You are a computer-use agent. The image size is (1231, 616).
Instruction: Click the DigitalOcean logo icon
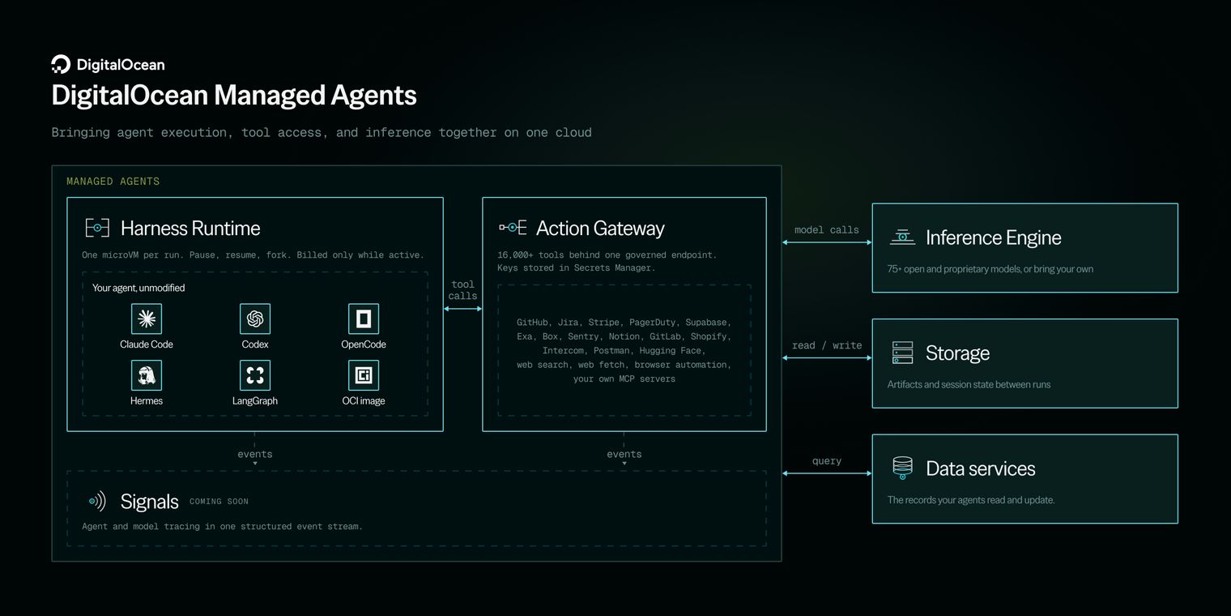[x=61, y=64]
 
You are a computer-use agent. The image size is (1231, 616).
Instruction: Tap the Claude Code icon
[x=146, y=319]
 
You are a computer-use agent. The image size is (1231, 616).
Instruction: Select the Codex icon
[x=255, y=319]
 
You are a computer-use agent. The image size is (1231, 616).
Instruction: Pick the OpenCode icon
[x=364, y=319]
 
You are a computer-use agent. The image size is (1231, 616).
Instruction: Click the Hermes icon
[x=146, y=375]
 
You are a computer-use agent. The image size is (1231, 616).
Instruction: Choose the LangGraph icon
[x=255, y=375]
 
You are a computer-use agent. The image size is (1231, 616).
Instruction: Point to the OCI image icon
[x=364, y=375]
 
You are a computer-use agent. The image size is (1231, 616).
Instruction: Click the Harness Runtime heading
[x=190, y=229]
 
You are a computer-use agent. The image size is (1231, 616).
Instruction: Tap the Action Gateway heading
[x=600, y=229]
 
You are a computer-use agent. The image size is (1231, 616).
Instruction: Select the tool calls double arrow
[x=462, y=309]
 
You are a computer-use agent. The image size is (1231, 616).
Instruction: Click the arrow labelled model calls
[x=827, y=242]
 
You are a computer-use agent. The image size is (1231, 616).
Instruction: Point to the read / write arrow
[x=827, y=357]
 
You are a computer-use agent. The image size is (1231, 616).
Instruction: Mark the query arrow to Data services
[x=827, y=473]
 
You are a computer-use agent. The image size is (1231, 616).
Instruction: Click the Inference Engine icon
[x=902, y=237]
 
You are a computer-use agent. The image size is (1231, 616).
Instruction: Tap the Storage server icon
[x=902, y=353]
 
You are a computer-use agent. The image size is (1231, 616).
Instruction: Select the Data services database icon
[x=902, y=468]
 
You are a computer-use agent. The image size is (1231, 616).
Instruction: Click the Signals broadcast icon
[x=97, y=501]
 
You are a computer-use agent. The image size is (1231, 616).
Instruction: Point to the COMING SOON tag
[x=219, y=502]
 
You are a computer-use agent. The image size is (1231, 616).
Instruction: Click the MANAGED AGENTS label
[x=113, y=182]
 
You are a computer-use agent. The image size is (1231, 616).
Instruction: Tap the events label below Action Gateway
[x=624, y=454]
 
